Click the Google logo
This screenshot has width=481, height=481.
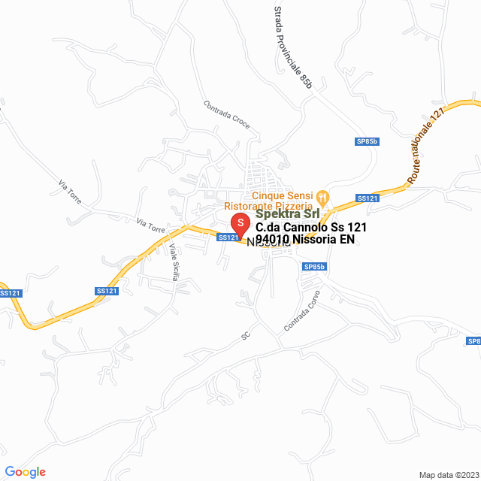click(26, 472)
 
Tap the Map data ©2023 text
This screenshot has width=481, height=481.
click(448, 475)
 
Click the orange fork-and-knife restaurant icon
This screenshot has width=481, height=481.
click(323, 198)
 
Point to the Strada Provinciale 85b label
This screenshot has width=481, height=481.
click(292, 46)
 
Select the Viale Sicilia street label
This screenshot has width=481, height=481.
click(174, 262)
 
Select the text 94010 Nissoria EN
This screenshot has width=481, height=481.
click(304, 240)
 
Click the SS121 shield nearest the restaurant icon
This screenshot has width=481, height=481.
click(367, 198)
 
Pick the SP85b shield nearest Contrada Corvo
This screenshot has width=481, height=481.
click(314, 267)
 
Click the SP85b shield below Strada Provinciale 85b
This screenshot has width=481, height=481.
click(367, 141)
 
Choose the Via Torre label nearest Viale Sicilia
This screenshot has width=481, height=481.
click(150, 224)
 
